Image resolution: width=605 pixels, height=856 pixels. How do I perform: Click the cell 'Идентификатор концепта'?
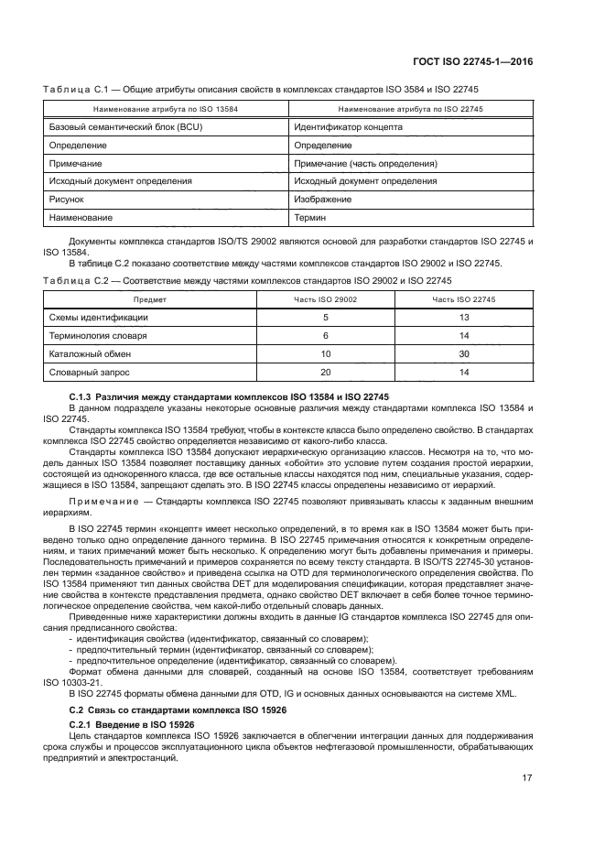point(348,127)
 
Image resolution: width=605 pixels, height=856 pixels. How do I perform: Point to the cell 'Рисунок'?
point(66,199)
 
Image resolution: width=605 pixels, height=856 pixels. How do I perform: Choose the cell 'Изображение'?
point(323,199)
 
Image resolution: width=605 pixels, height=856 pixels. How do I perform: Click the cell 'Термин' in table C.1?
point(309,217)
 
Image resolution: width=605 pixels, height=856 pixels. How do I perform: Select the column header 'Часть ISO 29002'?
point(325,298)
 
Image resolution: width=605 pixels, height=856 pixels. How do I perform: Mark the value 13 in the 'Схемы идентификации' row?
point(464,317)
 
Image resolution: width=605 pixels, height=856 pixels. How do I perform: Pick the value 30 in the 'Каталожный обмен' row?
point(464,352)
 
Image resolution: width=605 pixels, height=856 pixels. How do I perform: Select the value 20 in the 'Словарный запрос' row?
point(325,371)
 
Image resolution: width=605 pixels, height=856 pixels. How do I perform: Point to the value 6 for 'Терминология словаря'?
point(325,335)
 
